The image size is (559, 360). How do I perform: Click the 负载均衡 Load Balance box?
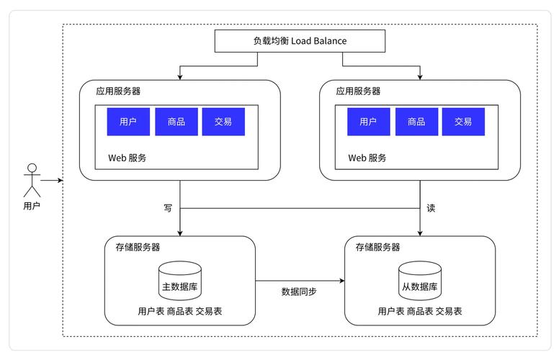click(300, 41)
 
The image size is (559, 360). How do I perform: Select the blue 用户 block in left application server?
click(128, 122)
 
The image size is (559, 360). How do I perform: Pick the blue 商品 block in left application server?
click(176, 122)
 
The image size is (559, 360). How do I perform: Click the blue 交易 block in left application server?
click(223, 122)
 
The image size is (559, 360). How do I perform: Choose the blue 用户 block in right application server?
click(368, 122)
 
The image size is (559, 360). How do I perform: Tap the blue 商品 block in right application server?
click(416, 122)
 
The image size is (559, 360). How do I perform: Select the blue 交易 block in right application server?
click(463, 122)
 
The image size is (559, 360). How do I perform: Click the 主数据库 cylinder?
click(180, 282)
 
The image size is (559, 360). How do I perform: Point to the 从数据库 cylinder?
click(420, 282)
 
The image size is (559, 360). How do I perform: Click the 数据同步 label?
click(299, 292)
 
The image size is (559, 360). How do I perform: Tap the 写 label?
click(168, 208)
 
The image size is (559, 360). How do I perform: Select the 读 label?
click(431, 208)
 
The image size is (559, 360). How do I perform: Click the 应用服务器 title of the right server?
click(358, 91)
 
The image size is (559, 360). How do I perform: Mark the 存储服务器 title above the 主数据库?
click(138, 247)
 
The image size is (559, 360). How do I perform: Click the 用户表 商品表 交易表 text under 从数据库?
click(420, 311)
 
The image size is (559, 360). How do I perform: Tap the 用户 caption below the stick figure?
click(31, 206)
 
